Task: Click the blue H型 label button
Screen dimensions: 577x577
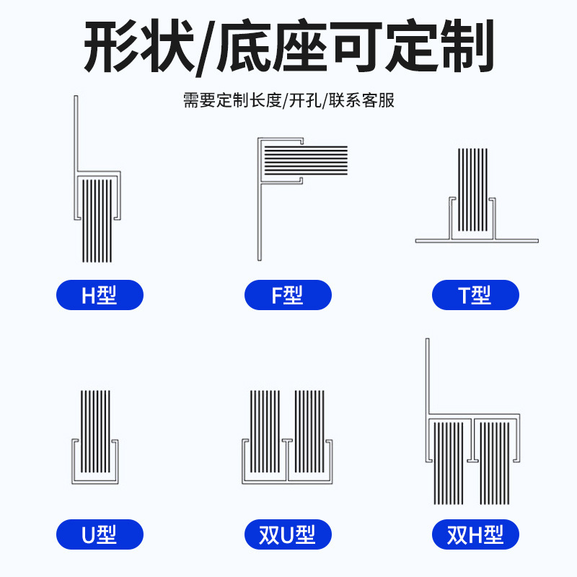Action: [100, 295]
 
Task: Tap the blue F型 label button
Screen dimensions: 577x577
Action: [288, 295]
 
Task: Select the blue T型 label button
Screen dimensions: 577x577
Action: [475, 295]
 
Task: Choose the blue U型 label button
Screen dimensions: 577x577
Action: [100, 534]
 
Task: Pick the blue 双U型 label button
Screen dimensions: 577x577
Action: [288, 534]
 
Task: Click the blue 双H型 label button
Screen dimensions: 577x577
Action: [475, 534]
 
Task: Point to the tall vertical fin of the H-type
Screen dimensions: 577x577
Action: [76, 133]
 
